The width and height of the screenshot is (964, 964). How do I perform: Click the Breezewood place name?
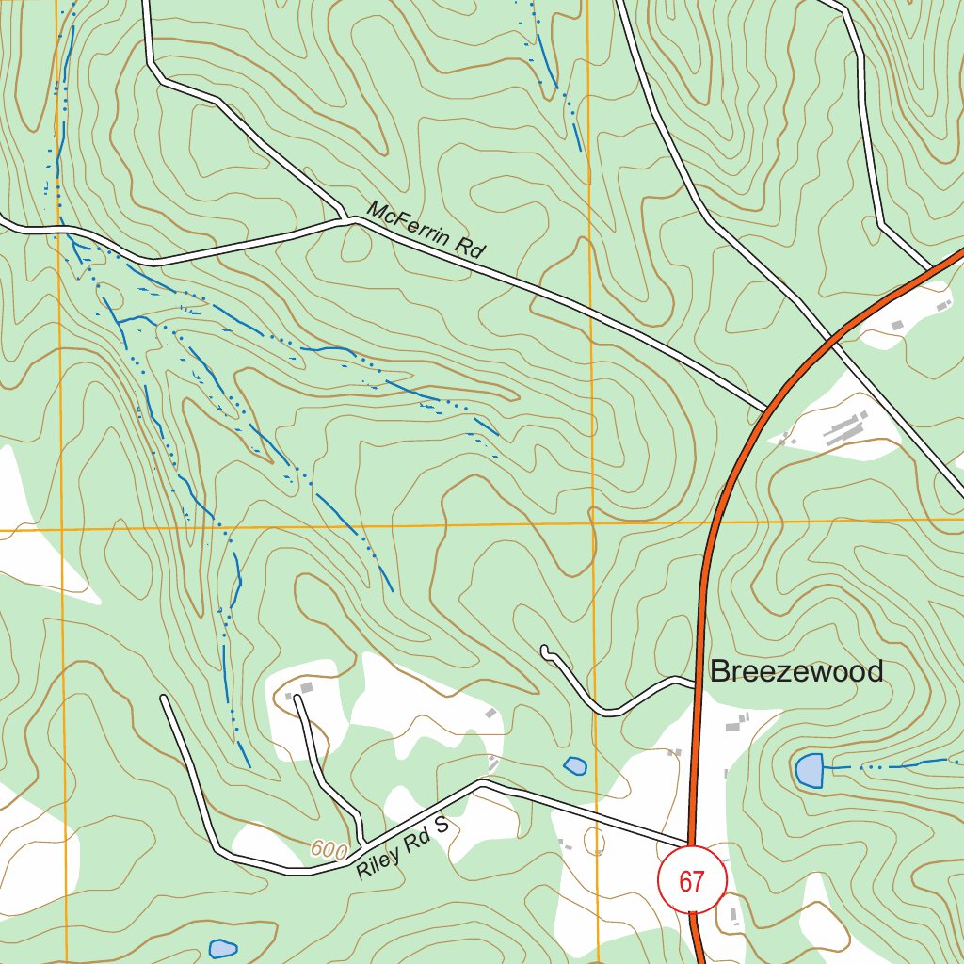click(796, 671)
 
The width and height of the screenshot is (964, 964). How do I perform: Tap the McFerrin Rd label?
click(426, 231)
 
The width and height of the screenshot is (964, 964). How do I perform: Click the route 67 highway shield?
click(692, 879)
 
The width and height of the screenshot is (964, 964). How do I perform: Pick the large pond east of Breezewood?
click(809, 770)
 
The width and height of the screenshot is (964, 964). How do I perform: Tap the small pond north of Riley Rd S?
click(575, 765)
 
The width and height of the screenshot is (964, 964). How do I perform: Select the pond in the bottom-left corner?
click(222, 948)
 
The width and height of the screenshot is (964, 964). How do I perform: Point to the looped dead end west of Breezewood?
click(546, 651)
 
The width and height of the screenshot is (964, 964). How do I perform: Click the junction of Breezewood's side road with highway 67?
click(698, 683)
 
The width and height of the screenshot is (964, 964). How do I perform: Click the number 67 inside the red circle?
click(692, 881)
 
